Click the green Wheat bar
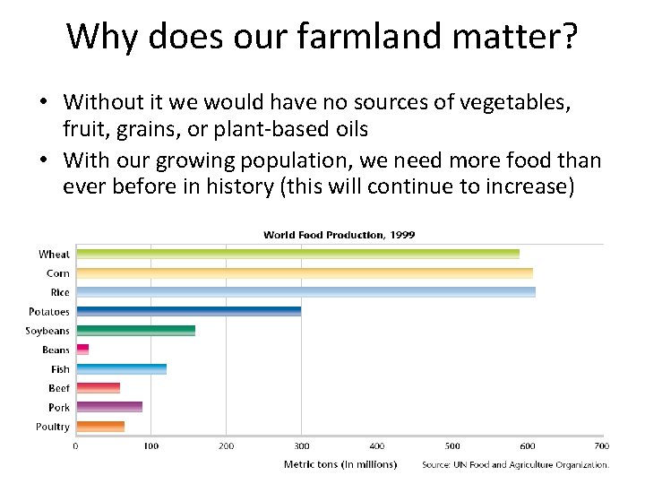(x=297, y=255)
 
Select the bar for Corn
(x=304, y=273)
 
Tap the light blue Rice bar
(x=305, y=292)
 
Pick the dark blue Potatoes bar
(x=188, y=312)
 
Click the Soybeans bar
(x=135, y=331)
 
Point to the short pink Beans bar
(x=82, y=350)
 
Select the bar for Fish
(x=121, y=369)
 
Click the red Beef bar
(x=98, y=388)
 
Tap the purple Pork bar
(x=108, y=407)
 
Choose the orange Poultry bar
(x=100, y=427)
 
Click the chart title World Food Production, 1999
(x=339, y=235)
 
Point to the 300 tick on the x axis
(x=302, y=445)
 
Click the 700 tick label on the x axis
(x=602, y=445)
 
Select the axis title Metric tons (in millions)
(x=340, y=464)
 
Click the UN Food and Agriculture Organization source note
(x=515, y=465)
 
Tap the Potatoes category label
(x=48, y=312)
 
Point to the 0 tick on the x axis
(x=75, y=445)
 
